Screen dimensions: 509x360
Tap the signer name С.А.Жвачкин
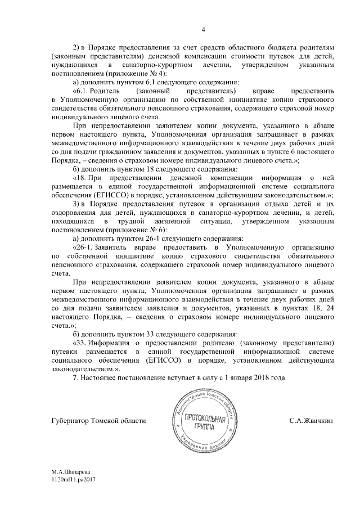tap(311, 420)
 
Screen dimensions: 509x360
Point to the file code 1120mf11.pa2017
tap(74, 491)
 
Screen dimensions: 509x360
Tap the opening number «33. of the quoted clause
tap(82, 342)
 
